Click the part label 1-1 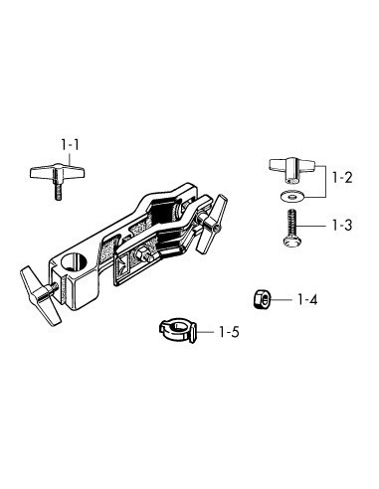pyautogui.click(x=71, y=145)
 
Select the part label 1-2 pyautogui.click(x=342, y=178)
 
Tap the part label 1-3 pyautogui.click(x=342, y=226)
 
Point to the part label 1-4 pyautogui.click(x=307, y=300)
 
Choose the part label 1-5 pyautogui.click(x=229, y=332)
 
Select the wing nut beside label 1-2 pyautogui.click(x=291, y=170)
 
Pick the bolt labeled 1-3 pyautogui.click(x=291, y=228)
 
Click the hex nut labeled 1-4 pyautogui.click(x=262, y=299)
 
